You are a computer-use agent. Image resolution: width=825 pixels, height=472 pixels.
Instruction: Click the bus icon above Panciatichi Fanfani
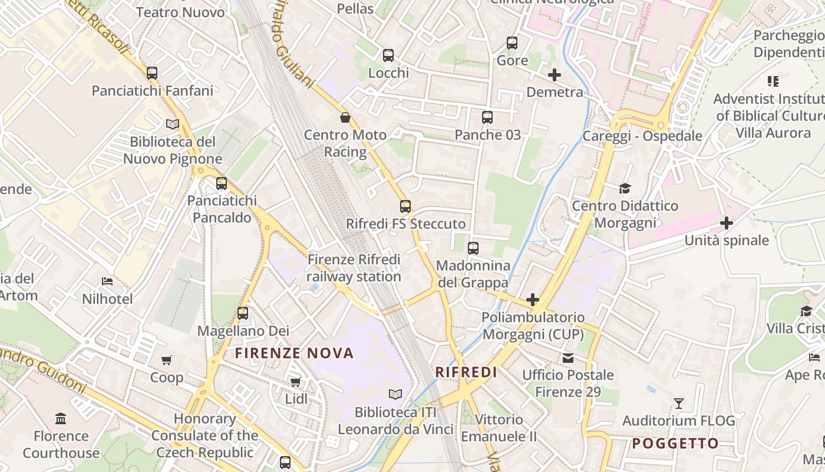pos(152,73)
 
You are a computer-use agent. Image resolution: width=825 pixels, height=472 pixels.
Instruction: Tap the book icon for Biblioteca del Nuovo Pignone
pos(172,124)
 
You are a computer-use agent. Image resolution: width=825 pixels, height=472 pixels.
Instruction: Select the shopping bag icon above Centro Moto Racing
pos(345,117)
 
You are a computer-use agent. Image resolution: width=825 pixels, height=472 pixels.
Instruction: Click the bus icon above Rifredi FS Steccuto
pos(405,206)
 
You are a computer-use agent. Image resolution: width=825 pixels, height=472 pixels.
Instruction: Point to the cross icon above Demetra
pos(555,75)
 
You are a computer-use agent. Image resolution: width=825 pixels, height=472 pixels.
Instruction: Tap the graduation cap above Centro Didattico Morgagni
pos(625,188)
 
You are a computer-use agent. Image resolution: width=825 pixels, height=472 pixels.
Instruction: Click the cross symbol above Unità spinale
pos(727,223)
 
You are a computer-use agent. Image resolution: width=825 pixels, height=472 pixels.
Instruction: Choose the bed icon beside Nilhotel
pos(107,281)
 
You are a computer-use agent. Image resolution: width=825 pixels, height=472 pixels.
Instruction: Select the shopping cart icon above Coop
pos(167,360)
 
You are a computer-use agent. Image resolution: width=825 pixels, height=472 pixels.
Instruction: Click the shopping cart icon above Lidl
pos(296,382)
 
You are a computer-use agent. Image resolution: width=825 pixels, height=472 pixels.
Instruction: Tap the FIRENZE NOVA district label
pos(294,353)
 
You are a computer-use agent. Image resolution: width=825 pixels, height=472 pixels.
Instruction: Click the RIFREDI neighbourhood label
pos(466,372)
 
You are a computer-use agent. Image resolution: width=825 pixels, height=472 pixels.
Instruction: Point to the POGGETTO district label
pos(675,444)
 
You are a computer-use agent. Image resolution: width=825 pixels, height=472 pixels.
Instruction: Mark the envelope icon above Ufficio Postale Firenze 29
pos(568,358)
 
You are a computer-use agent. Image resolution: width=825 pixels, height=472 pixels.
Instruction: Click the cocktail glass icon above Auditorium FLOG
pos(679,404)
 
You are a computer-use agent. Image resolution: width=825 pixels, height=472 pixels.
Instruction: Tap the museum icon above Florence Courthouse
pos(61,419)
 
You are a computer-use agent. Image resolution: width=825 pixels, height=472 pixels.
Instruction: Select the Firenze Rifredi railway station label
pos(354,268)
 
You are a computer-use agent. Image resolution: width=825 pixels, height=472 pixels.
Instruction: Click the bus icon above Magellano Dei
pos(243,313)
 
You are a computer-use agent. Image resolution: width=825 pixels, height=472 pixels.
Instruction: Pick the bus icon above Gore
pos(512,43)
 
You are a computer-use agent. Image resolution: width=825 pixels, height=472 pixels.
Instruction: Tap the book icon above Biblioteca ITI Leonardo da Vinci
pos(395,394)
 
